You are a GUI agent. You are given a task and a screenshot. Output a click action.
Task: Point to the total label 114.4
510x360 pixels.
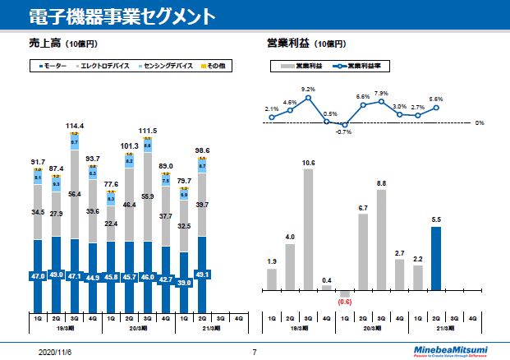point(75,126)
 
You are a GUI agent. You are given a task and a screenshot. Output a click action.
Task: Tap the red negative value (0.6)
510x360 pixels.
point(344,300)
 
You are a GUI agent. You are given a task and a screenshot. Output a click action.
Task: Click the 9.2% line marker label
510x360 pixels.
point(309,89)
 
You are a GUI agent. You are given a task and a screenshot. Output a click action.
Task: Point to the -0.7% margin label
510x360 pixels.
point(343,132)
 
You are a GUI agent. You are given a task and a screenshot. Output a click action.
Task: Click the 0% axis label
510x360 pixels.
point(480,122)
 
